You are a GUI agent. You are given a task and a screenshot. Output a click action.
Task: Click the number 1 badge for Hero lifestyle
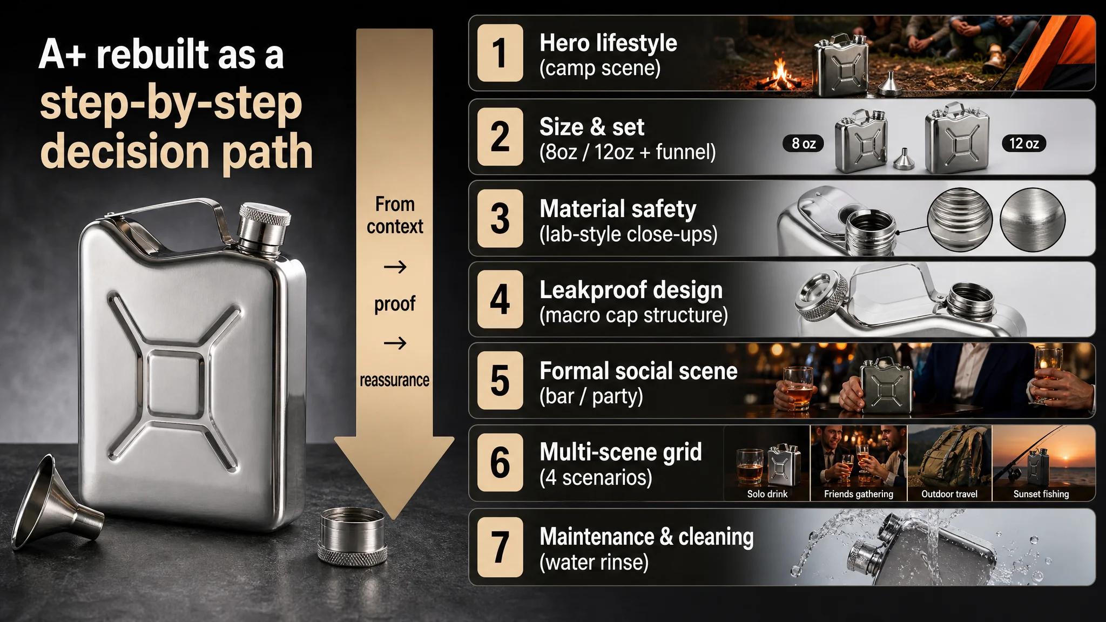(500, 53)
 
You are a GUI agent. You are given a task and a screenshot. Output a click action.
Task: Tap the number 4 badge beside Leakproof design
(500, 299)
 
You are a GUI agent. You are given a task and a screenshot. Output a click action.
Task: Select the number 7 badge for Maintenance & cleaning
(500, 547)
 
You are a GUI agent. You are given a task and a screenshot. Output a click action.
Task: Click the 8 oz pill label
(804, 144)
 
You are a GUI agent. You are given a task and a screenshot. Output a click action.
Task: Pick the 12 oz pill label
(1024, 144)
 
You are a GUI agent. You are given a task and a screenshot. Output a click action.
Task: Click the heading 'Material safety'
(618, 208)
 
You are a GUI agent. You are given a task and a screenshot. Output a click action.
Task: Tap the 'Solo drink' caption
(767, 494)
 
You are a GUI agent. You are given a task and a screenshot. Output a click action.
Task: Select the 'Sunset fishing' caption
(1041, 494)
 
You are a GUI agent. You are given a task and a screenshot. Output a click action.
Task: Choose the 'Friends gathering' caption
(859, 494)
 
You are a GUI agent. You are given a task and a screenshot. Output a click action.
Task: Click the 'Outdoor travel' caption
(949, 494)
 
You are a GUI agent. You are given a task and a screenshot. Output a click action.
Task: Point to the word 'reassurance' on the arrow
(395, 380)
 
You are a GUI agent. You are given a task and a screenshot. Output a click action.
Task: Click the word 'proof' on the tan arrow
(395, 304)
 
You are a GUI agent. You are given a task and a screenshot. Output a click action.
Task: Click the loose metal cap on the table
(352, 537)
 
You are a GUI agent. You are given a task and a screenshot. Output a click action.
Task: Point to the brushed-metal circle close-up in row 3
(1033, 219)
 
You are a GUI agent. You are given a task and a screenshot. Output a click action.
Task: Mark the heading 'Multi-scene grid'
(621, 452)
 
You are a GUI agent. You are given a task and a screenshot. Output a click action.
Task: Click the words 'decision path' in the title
(177, 152)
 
